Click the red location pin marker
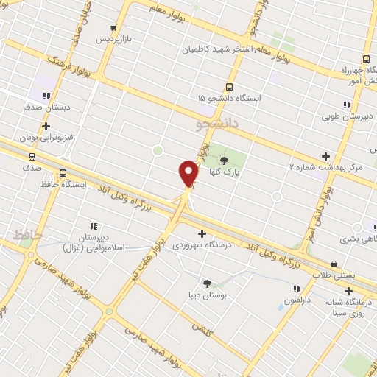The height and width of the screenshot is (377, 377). point(188,173)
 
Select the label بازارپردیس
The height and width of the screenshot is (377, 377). point(116,39)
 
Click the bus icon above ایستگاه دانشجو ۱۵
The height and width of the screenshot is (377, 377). point(228,85)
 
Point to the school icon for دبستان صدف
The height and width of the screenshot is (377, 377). point(47,95)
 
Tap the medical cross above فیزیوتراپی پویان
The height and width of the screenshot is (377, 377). point(46,126)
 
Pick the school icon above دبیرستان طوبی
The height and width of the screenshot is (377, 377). point(346,105)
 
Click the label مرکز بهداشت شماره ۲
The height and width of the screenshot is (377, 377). point(326,168)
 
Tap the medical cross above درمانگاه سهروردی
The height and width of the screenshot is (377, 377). point(202,233)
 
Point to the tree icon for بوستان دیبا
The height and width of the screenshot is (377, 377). point(207,283)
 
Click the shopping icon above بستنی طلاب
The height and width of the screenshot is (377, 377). point(334,263)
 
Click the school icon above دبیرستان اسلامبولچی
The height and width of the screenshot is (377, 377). point(93,226)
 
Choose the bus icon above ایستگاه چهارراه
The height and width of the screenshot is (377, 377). point(366,60)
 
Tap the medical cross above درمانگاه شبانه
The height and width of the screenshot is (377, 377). point(348,291)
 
